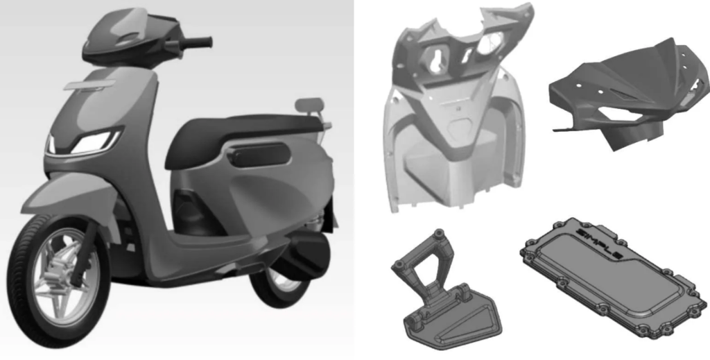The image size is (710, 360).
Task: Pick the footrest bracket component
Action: (444, 291)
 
